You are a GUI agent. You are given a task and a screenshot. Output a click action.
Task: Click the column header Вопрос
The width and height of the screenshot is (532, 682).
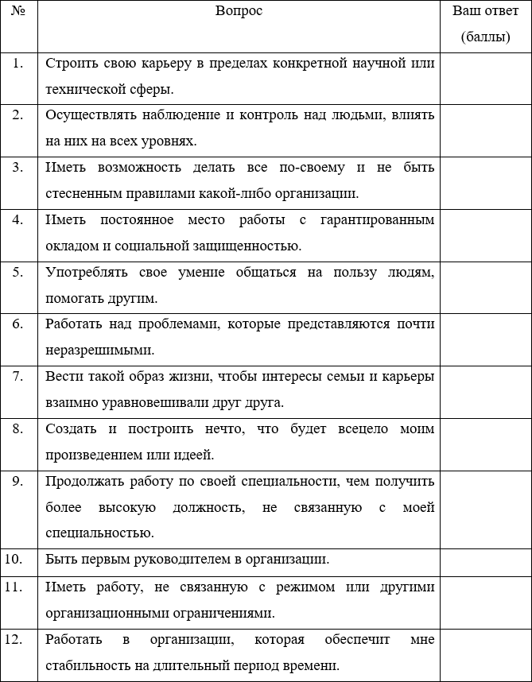click(239, 11)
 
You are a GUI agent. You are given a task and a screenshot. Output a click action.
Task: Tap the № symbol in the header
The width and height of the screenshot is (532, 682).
click(17, 11)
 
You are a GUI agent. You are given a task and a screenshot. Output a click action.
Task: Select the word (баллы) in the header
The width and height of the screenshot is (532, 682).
click(485, 37)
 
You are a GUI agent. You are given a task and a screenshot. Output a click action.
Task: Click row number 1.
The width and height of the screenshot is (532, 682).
click(17, 64)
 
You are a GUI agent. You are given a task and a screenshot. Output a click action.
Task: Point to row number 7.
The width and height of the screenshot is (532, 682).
click(17, 376)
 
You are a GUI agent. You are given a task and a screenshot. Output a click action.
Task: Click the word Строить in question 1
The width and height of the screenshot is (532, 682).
click(70, 64)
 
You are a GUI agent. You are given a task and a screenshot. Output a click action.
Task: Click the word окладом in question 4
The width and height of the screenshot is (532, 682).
click(70, 246)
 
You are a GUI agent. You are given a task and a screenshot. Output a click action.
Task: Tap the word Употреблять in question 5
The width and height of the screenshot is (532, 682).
click(83, 272)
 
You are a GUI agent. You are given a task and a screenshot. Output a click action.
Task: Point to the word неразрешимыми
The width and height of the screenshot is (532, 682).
click(88, 350)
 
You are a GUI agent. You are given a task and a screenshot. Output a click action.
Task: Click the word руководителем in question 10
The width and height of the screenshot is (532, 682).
click(185, 559)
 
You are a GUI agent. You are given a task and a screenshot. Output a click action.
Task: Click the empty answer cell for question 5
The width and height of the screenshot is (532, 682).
click(485, 285)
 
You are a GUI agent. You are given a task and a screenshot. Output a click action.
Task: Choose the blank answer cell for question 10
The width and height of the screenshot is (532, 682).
click(485, 559)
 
